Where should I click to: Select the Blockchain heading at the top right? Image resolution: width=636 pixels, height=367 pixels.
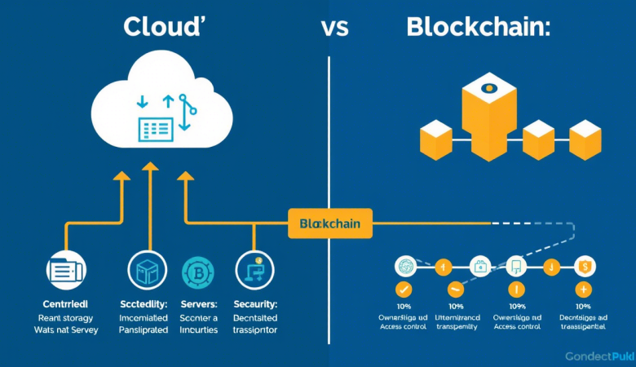click(x=478, y=26)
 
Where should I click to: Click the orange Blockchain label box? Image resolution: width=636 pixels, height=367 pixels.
click(x=330, y=223)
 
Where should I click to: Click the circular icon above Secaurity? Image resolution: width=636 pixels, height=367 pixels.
click(x=252, y=270)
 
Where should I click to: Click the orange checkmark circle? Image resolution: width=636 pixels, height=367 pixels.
click(x=404, y=289)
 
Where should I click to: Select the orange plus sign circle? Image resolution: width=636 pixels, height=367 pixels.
click(x=584, y=289)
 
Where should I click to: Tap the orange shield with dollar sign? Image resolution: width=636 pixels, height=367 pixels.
click(x=585, y=265)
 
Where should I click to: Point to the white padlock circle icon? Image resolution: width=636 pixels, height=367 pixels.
click(x=481, y=265)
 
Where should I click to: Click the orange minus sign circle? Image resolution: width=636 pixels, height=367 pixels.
click(x=455, y=289)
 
